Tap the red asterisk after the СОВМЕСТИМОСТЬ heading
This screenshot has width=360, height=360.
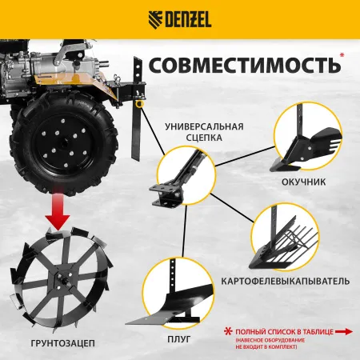[x=342, y=55]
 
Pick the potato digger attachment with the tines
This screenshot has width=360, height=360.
[x=291, y=243]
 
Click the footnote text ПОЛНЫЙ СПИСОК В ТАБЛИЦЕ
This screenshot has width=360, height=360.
[x=272, y=329]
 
